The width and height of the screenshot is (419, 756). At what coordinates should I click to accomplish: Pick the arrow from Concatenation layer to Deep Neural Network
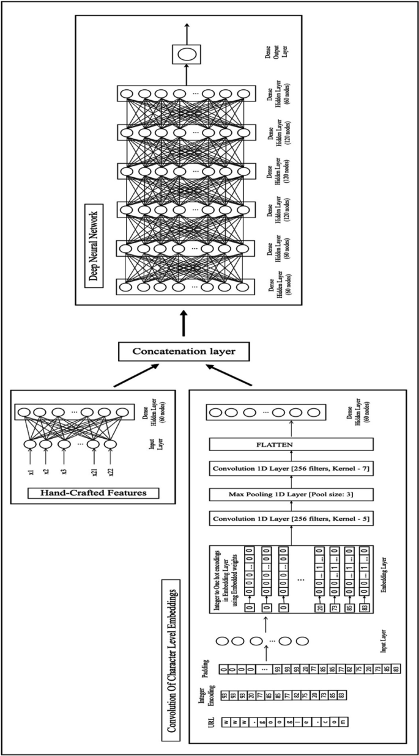pyautogui.click(x=183, y=323)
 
